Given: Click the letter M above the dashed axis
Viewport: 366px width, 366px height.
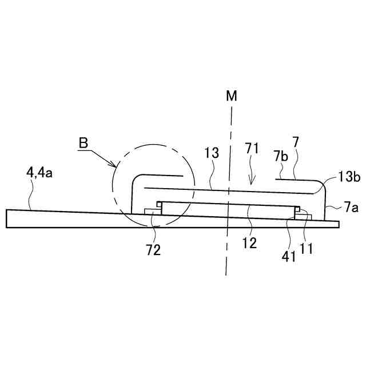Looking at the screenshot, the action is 231,96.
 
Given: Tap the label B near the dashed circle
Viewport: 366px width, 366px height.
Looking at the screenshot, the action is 83,142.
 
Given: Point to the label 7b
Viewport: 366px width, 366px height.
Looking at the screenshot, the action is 280,156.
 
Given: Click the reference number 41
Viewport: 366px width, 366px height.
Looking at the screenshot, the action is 289,256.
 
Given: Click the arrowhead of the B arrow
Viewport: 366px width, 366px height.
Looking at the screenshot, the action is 116,166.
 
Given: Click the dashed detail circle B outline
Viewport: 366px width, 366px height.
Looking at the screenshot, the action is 115,189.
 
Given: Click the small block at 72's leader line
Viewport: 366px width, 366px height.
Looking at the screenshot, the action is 152,212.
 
